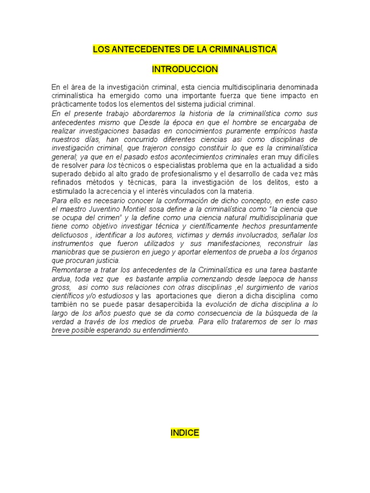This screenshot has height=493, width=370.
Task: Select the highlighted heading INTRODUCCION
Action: (185, 70)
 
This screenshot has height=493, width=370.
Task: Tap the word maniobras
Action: (68, 252)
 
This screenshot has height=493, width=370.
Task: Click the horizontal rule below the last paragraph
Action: (185, 336)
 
